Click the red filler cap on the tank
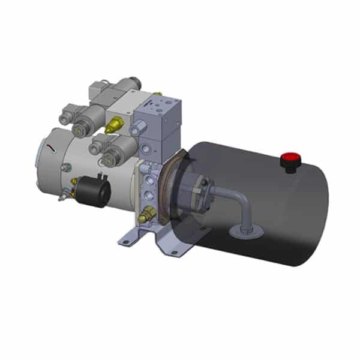[290, 160]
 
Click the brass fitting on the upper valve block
[113, 125]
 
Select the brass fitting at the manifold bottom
[146, 212]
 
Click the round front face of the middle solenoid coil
[79, 127]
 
